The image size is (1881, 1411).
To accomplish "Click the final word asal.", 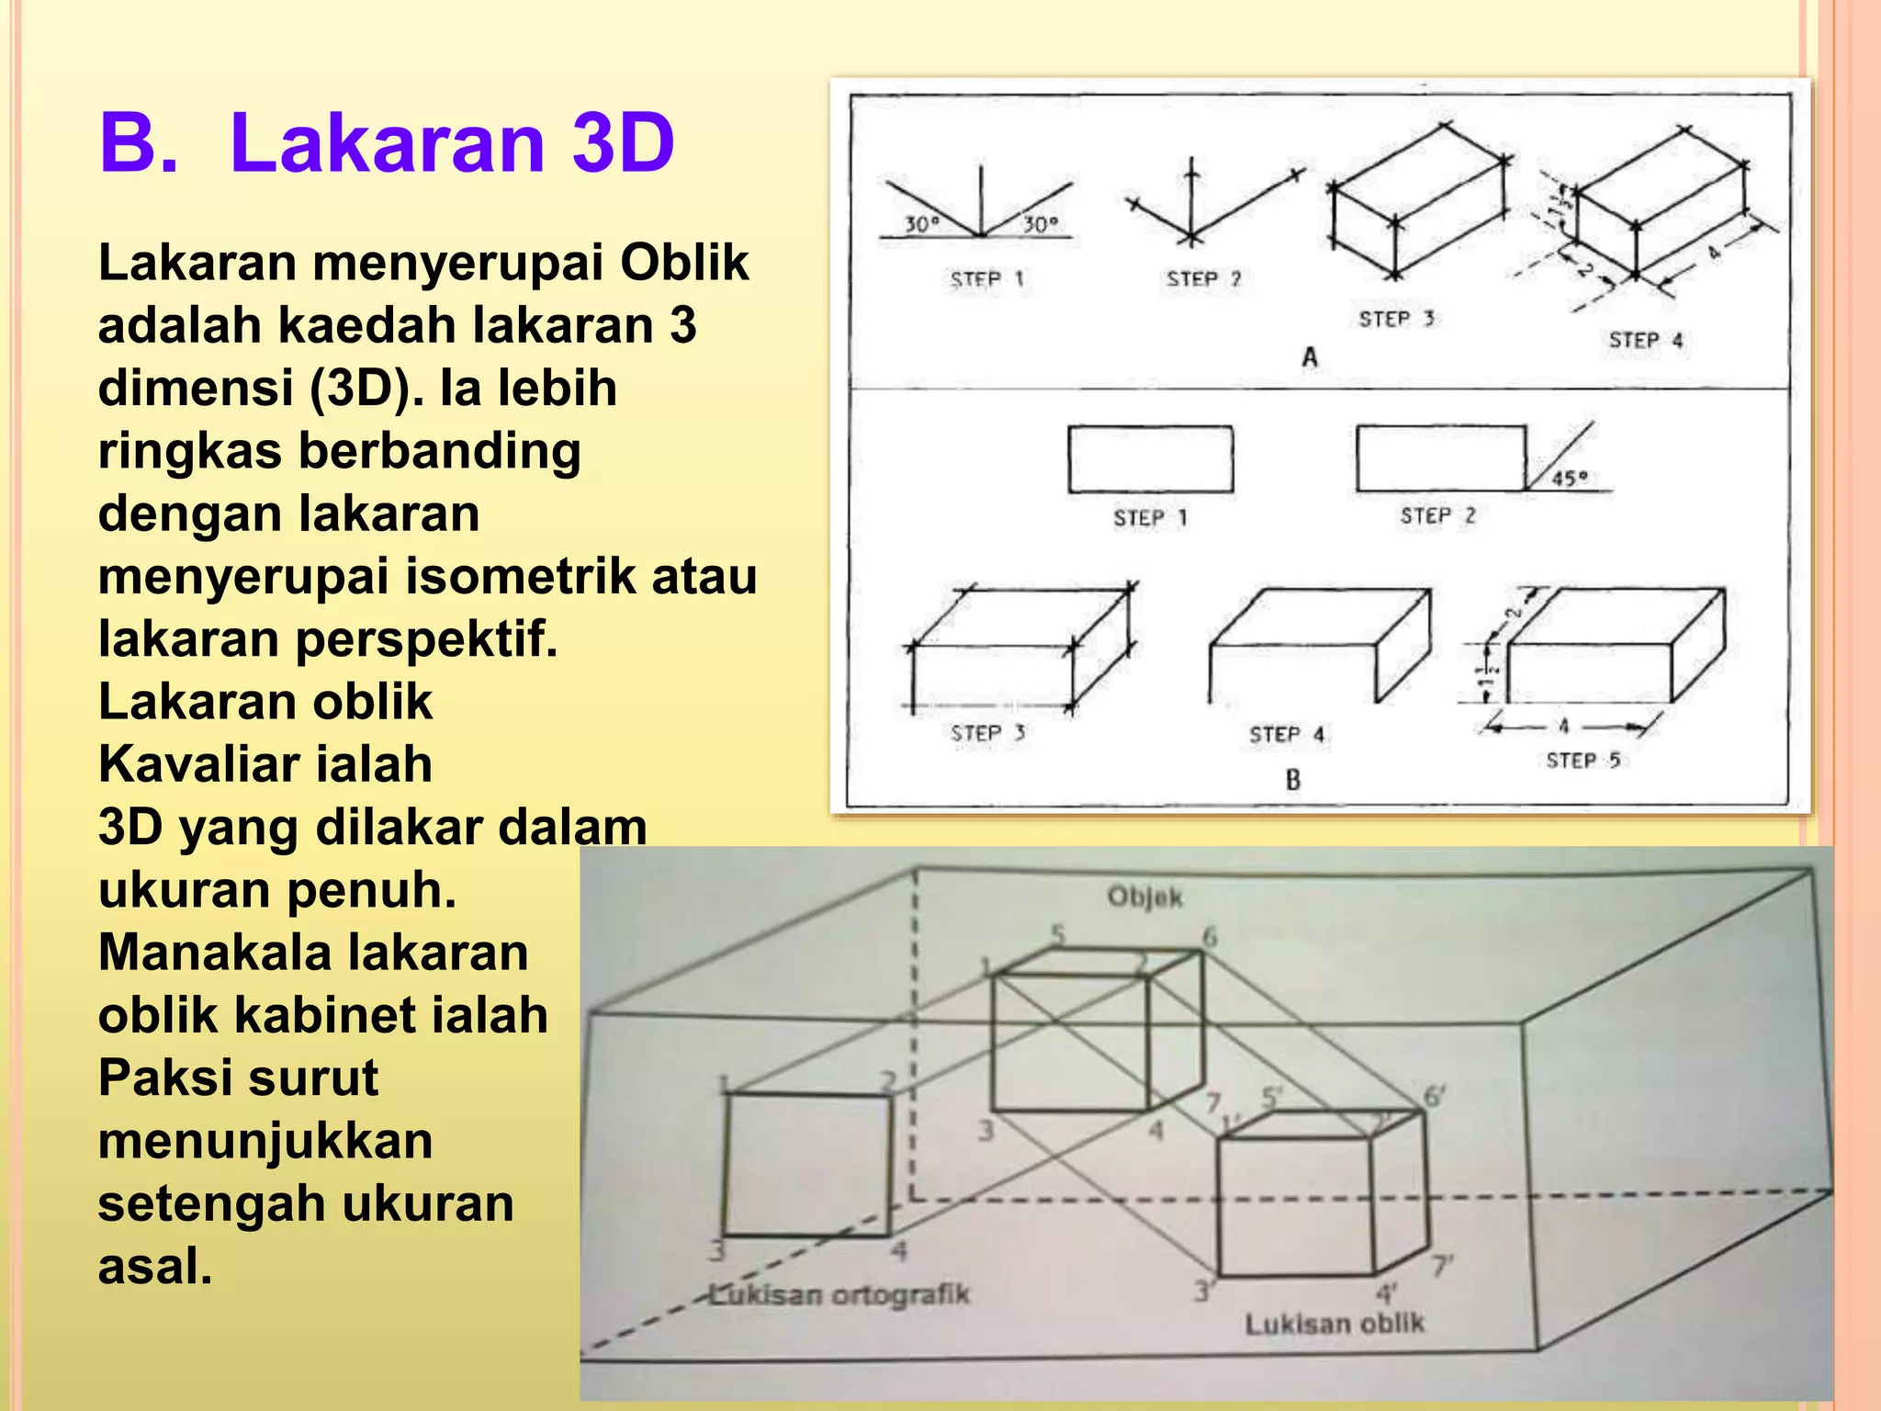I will point(154,1266).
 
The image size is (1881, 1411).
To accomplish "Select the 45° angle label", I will point(1569,478).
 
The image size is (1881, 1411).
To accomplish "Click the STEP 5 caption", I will point(1583,761).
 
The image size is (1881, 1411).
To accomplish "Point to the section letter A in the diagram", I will point(1310,356).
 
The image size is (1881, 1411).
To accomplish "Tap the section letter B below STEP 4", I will point(1293,780).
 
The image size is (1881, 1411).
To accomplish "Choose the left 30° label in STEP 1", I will point(921,224).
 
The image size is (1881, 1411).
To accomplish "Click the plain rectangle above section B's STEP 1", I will point(1150,459).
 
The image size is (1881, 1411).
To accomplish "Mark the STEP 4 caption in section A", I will point(1645,341).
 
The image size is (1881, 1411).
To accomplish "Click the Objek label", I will point(1144,897).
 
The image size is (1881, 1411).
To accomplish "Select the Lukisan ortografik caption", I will point(839,1295).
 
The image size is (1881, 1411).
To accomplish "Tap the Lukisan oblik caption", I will point(1334,1324).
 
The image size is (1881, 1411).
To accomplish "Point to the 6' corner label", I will point(1434,1096).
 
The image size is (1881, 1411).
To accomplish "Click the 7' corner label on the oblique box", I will point(1442,1267).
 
